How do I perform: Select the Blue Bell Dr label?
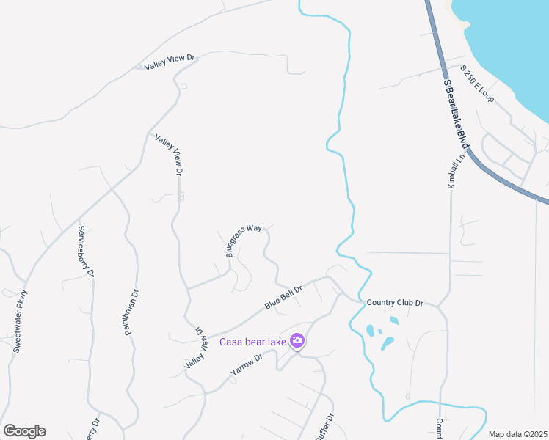coord(283,297)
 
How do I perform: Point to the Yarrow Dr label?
coord(247,364)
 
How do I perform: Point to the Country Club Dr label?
coord(396,302)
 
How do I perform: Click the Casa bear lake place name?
coord(252,341)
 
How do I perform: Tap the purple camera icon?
coord(297,340)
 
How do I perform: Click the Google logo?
coord(24,431)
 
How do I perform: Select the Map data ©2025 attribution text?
coord(517,434)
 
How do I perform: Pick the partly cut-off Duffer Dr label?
coord(324,428)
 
